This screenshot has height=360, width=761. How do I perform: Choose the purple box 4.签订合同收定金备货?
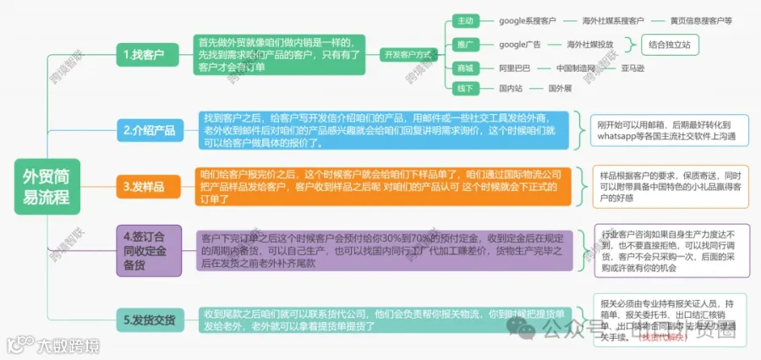pos(149,249)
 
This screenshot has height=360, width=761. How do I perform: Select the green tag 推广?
pos(465,43)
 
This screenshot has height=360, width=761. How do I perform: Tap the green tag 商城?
pos(465,67)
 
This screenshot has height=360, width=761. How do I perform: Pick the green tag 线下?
pos(465,88)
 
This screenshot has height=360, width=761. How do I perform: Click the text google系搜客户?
pos(528,19)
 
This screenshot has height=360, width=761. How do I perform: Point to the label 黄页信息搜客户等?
pos(701,19)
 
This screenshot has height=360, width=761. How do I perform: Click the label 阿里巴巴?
pos(515,67)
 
